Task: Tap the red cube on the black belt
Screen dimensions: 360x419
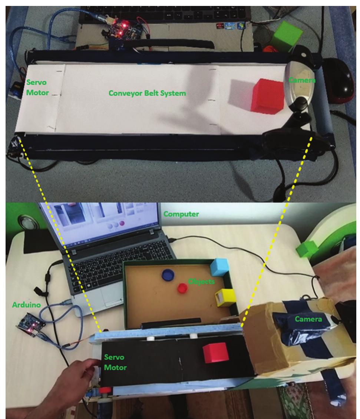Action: tap(215, 353)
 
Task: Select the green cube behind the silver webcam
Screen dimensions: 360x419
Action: tap(286, 36)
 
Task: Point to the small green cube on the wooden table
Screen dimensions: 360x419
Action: tap(307, 249)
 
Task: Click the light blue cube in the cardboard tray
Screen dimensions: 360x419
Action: tap(219, 267)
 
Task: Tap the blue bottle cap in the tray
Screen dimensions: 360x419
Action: tap(168, 275)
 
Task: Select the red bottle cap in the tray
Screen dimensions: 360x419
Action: tap(182, 288)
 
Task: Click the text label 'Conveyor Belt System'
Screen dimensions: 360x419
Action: tap(147, 93)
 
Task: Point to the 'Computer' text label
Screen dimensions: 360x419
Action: tap(181, 214)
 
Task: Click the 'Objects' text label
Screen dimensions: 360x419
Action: tap(201, 281)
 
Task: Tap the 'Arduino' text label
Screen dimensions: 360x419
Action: tap(26, 305)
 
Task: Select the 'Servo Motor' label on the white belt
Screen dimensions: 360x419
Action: tap(37, 88)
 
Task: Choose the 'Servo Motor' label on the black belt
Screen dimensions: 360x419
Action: tap(115, 362)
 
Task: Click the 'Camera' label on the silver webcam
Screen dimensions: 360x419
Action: tap(302, 80)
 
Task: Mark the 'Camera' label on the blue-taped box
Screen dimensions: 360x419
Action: tap(308, 319)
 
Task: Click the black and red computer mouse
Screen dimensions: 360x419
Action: tap(339, 80)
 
